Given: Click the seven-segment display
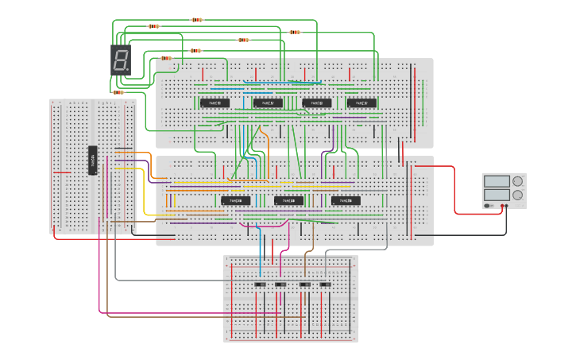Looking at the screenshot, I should click(120, 60).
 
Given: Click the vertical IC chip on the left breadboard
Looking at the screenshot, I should click(92, 160).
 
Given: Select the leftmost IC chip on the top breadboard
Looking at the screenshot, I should click(214, 103).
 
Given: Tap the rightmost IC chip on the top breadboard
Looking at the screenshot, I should click(362, 103).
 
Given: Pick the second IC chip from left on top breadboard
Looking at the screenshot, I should click(268, 103).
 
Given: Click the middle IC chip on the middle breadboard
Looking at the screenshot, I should click(288, 200).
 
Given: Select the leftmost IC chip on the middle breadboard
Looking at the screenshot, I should click(236, 200).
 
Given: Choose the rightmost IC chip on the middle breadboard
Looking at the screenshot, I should click(346, 200).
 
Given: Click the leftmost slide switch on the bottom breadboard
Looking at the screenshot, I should click(259, 285).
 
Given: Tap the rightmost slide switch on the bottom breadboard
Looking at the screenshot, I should click(324, 285).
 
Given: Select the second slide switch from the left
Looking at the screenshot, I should click(280, 285).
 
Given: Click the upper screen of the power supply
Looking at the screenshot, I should click(497, 181).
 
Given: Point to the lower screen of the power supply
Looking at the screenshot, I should click(497, 194).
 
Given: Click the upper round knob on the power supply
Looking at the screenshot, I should click(518, 181).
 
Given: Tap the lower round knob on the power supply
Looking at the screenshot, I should click(518, 194).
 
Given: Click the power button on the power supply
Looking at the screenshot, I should click(488, 206).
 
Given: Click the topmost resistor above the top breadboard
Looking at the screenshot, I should click(197, 20).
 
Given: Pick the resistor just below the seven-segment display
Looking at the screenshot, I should click(118, 92).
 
